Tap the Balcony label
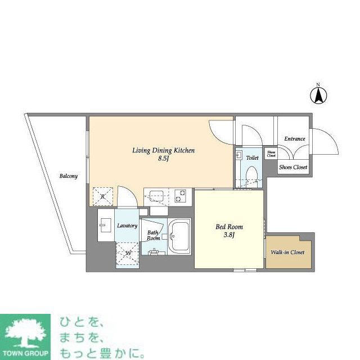click(69, 176)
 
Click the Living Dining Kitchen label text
click(163, 150)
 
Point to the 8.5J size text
click(163, 159)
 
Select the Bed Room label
click(229, 227)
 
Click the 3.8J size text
click(229, 236)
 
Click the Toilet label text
click(253, 158)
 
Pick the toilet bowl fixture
click(253, 174)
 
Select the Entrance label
click(294, 139)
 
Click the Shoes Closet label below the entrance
click(294, 167)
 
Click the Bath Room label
click(154, 235)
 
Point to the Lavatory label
click(127, 226)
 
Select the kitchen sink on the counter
click(156, 196)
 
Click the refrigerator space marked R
click(102, 196)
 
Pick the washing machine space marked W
click(128, 253)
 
